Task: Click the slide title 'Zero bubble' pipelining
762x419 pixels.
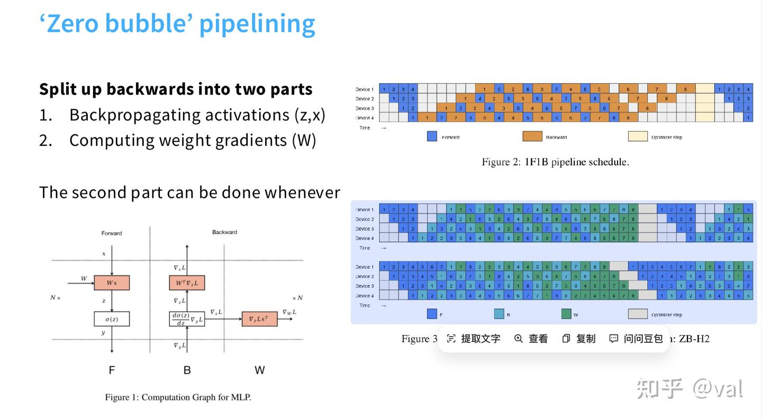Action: tap(177, 23)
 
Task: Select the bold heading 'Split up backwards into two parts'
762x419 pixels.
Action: tap(176, 89)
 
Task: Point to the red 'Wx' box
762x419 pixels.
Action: tap(112, 283)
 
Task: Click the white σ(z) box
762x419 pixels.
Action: tap(112, 318)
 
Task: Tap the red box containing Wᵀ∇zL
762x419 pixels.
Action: tap(187, 283)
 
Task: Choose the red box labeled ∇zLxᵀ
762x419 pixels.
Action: tap(259, 318)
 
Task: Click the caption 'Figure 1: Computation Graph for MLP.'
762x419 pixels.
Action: tap(178, 397)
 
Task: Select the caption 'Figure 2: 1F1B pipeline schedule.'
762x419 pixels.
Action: tap(555, 162)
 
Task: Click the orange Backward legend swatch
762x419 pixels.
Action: tap(532, 136)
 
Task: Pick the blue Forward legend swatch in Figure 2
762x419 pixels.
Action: tap(432, 136)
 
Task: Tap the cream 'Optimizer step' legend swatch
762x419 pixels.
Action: tap(638, 136)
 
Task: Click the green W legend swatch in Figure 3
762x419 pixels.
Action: tap(566, 314)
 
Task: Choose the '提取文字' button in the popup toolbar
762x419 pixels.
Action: tap(474, 339)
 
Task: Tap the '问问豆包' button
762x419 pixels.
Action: tap(636, 339)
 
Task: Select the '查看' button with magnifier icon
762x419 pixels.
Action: tap(531, 339)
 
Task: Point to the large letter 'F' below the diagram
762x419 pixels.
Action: tap(112, 370)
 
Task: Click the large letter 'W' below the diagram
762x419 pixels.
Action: tap(259, 370)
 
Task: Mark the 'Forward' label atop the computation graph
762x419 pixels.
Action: tap(112, 233)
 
